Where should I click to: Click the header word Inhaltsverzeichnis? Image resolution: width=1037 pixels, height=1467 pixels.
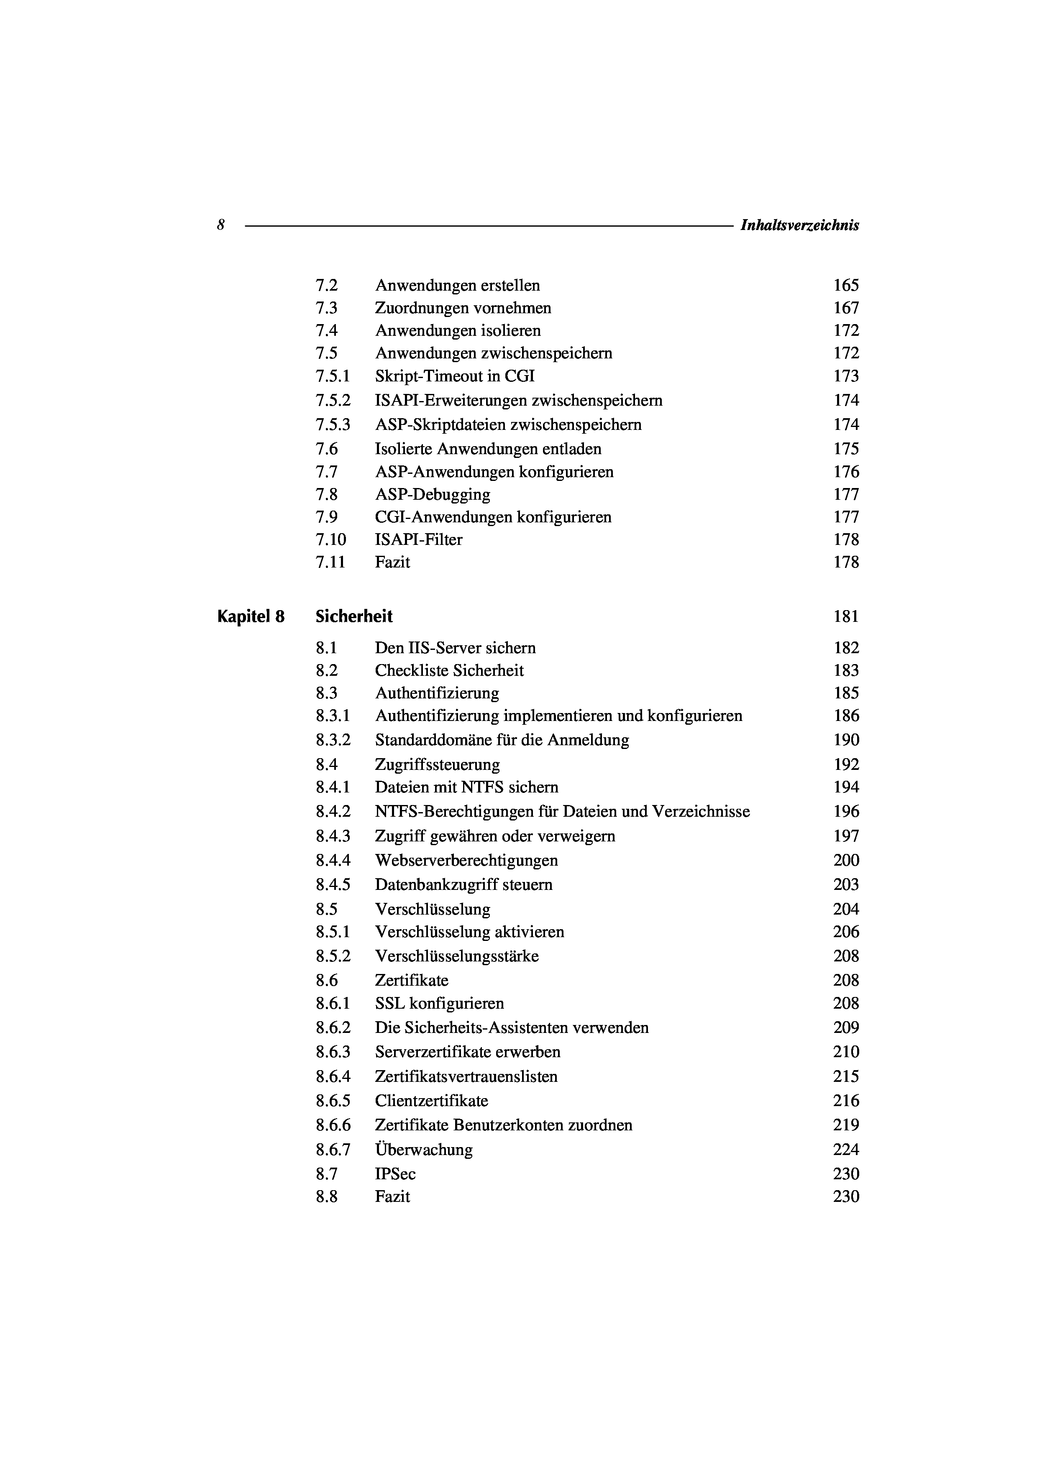799,225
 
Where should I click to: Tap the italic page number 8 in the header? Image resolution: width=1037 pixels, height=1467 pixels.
220,225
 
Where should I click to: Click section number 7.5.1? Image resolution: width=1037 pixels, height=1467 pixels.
333,376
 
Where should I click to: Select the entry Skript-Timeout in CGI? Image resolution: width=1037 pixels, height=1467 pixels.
454,376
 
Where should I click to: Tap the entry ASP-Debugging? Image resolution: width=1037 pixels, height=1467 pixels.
433,495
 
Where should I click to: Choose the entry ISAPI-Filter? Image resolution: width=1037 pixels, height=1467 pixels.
418,540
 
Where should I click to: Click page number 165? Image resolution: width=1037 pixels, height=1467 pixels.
846,286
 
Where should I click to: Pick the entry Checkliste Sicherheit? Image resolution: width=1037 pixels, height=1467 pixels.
449,671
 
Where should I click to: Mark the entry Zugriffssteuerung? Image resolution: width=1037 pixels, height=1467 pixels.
437,765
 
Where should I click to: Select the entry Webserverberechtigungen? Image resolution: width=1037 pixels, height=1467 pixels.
466,861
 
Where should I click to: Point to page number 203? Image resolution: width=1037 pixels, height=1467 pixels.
846,885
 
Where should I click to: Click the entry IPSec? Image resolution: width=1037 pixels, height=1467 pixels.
395,1174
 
